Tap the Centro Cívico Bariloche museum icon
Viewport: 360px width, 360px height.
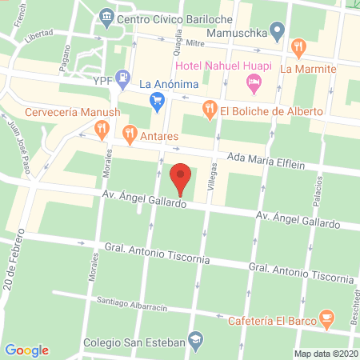coord(107,16)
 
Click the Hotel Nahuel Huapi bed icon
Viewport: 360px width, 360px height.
coord(254,81)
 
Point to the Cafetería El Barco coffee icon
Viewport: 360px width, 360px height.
coord(326,317)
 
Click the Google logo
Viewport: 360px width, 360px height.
coord(27,350)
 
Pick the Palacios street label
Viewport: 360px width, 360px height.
coord(318,195)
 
